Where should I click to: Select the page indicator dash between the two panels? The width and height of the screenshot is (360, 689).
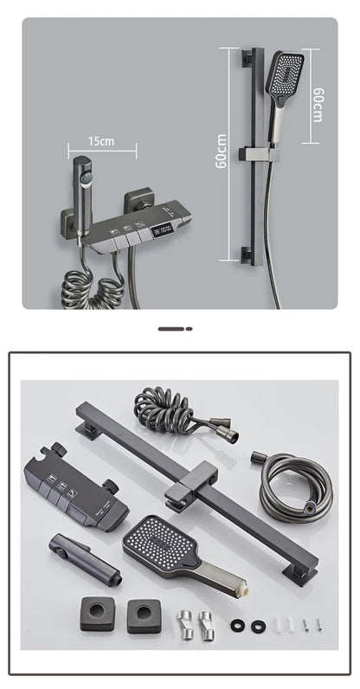click(x=175, y=329)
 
